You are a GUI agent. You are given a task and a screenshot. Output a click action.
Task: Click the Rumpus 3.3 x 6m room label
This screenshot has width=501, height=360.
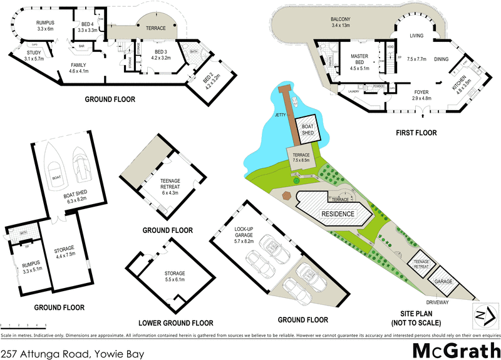(x=46, y=26)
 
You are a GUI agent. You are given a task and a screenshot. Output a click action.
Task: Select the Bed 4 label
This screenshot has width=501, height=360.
(x=87, y=26)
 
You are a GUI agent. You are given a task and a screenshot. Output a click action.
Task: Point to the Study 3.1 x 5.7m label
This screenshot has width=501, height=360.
(x=33, y=55)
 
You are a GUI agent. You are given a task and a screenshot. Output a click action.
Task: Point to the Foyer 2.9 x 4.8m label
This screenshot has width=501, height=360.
(x=407, y=95)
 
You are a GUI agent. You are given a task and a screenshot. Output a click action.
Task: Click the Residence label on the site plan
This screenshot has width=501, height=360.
(x=338, y=213)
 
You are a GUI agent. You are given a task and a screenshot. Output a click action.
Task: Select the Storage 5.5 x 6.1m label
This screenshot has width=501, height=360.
(x=175, y=276)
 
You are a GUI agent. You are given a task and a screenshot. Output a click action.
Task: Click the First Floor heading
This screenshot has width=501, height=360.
(x=417, y=133)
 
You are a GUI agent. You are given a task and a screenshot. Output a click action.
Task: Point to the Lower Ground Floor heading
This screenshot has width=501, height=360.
(x=175, y=323)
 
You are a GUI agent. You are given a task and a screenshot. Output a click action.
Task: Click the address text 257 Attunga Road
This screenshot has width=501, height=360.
(x=73, y=354)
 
